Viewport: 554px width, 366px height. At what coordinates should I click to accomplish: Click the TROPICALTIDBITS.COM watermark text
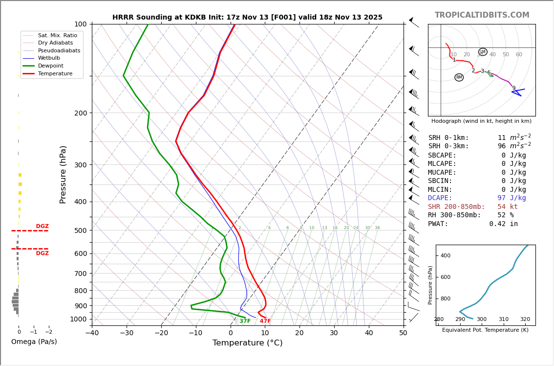pos(482,15)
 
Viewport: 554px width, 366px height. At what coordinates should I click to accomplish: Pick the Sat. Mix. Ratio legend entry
pos(57,35)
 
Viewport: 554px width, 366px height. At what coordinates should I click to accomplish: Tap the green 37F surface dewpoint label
pos(245,321)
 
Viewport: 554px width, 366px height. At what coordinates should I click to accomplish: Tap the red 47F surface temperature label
pos(265,321)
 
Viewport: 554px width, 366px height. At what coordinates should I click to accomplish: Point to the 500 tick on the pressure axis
pos(80,230)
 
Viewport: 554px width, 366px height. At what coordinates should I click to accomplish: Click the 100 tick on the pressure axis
pos(80,24)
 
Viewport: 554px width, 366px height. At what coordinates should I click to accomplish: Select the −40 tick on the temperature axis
pos(92,333)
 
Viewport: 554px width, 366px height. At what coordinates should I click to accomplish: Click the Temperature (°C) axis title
pos(247,343)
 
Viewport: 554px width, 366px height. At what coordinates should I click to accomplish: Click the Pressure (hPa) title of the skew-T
pos(63,174)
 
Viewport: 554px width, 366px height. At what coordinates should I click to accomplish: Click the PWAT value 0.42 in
pos(503,224)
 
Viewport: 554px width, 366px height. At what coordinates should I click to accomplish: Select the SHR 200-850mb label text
pos(456,207)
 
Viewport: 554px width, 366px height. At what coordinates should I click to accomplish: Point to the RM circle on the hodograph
pos(459,77)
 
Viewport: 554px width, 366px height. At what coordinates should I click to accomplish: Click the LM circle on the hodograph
pos(483,52)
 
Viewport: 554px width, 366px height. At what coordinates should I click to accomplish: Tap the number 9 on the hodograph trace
pos(513,89)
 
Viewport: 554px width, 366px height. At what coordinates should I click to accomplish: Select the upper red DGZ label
pos(42,227)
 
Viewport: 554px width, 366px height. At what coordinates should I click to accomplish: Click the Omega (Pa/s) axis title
pos(34,342)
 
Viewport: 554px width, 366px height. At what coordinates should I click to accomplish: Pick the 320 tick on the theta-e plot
pos(525,320)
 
